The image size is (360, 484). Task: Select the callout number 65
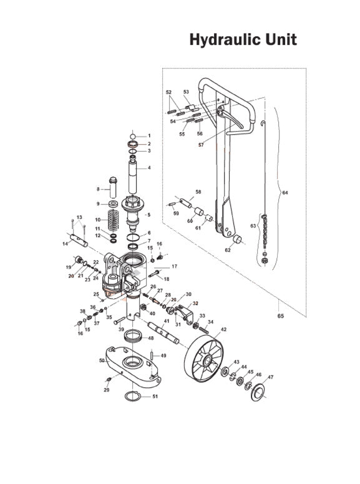pyautogui.click(x=280, y=316)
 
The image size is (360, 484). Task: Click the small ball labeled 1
pyautogui.click(x=133, y=135)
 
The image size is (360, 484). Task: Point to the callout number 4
pyautogui.click(x=149, y=168)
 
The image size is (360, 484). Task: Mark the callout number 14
pyautogui.click(x=66, y=244)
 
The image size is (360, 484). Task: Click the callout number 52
pyautogui.click(x=169, y=92)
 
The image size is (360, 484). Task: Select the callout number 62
pyautogui.click(x=228, y=249)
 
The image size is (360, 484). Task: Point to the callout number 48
pyautogui.click(x=150, y=338)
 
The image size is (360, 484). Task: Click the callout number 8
pyautogui.click(x=98, y=188)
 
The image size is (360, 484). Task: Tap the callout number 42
pyautogui.click(x=223, y=329)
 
